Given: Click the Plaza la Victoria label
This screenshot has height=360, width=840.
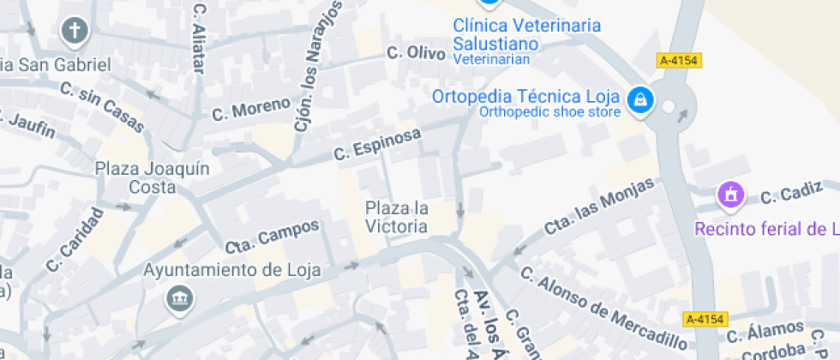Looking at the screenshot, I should coord(396,217).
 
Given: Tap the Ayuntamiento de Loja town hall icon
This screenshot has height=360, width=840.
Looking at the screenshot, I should coord(181,298).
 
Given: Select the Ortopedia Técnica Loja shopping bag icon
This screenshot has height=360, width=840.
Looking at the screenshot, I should coord(639,100).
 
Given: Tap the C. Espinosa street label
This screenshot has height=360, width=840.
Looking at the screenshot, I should coord(378,144).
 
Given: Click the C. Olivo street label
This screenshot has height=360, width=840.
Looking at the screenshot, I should coord(416,53).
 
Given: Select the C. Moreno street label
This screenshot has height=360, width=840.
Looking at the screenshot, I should coord(251,109).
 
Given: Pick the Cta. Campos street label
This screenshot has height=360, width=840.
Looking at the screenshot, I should coord(273,236).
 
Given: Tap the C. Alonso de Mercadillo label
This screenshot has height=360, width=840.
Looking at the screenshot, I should coord(603,309).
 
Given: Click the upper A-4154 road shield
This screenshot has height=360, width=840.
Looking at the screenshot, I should coord(679,60).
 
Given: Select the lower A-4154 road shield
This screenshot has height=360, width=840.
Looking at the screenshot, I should coord(705,319).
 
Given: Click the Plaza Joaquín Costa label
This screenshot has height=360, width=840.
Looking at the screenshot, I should coord(153,177).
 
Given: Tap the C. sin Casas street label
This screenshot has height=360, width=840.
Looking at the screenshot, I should coord(102,107).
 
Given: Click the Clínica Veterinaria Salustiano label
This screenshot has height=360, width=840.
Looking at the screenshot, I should coord(526,34).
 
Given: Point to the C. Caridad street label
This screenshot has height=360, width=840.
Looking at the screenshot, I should coord(75,239).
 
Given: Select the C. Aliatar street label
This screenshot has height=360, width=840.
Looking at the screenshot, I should coord(201,39).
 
